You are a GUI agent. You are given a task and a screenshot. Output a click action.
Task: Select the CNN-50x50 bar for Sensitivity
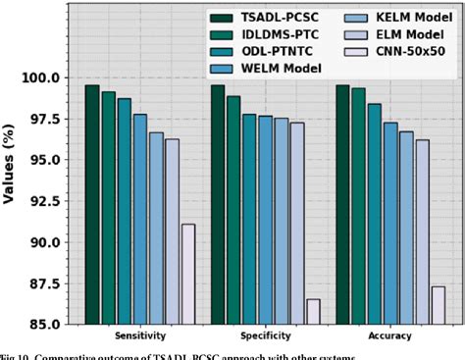187,274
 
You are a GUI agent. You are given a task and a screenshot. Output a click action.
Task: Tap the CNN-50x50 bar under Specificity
313,311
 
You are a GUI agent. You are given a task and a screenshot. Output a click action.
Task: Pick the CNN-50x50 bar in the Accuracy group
439,305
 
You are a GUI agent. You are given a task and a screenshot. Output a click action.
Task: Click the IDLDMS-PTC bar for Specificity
233,210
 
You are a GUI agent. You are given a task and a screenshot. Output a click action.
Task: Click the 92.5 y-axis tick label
49,201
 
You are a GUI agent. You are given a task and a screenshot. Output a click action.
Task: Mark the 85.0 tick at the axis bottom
49,325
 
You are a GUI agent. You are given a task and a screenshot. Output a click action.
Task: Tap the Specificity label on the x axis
265,335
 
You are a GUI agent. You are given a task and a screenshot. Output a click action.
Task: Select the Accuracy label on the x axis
390,335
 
